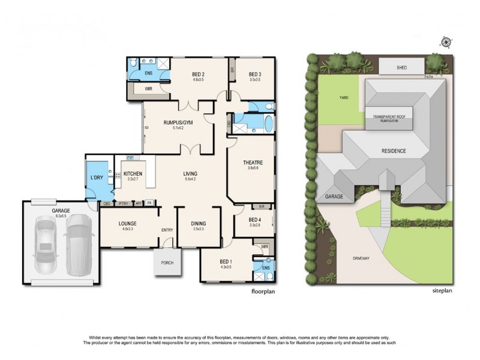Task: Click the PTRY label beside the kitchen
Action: [x=124, y=203]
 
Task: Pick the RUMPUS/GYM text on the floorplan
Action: [x=176, y=122]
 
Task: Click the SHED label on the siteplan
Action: [x=401, y=68]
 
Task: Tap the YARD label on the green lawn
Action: [x=344, y=97]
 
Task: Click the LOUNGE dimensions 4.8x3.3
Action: [x=128, y=229]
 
